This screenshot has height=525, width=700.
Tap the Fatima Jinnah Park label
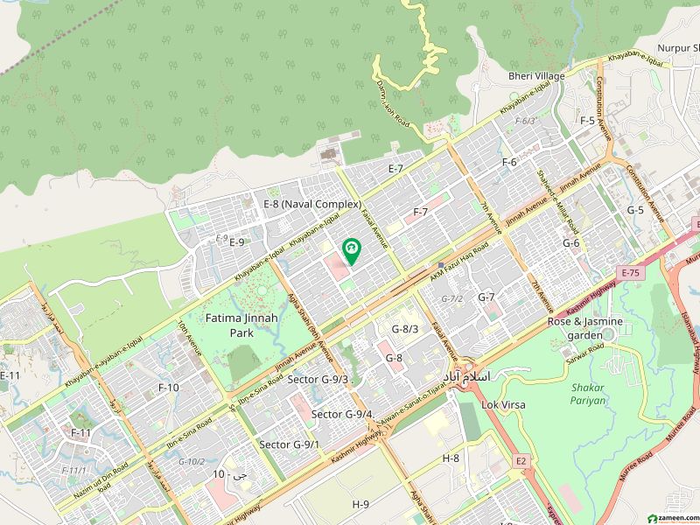pos(241,325)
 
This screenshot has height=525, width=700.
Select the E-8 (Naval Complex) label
pos(312,204)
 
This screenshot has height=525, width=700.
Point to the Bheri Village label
pos(533,77)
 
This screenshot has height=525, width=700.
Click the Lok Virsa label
pos(503,405)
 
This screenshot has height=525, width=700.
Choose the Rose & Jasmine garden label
pos(585,328)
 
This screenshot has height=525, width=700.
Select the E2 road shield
pos(522,461)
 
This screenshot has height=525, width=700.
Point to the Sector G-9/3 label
pos(318,380)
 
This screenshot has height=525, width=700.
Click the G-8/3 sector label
pos(405,329)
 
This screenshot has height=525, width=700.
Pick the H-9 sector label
pos(360,505)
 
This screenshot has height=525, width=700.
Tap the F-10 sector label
pos(168,387)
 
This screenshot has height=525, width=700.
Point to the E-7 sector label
pos(395,168)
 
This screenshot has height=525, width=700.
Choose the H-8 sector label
pos(451,458)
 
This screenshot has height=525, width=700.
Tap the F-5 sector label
pos(587,121)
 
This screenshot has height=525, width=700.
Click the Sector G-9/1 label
pos(289,444)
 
